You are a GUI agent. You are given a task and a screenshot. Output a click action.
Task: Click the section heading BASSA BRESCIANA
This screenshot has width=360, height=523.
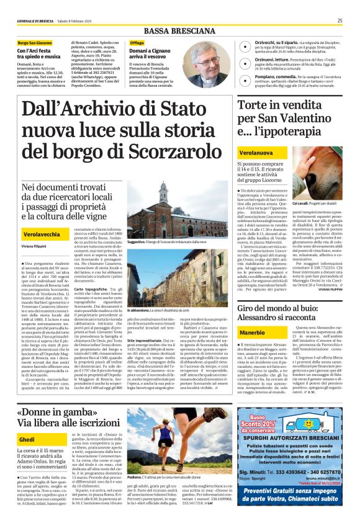pos(179,31)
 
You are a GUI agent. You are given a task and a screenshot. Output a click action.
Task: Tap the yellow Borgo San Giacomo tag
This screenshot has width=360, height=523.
pos(35,43)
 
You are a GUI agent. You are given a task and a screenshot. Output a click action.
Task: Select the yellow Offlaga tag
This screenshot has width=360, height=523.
pos(137,43)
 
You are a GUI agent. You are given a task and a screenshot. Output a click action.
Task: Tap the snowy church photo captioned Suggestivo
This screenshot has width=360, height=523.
pos(163,215)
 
